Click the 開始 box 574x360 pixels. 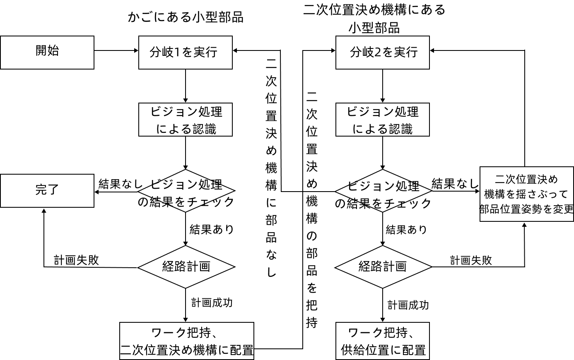47,52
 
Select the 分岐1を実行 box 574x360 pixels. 185,52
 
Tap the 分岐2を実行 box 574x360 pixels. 382,52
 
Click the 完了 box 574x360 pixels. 47,190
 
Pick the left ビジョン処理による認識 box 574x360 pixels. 185,120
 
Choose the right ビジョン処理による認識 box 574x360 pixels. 382,120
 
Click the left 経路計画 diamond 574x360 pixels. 186,267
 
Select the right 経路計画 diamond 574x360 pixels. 383,267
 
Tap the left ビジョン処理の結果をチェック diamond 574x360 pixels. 186,191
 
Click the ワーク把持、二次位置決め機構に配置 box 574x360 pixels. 187,341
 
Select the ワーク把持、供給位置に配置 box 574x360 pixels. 382,341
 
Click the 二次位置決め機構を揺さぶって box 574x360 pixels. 526,194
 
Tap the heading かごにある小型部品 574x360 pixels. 186,17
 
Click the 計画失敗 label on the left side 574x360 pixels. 77,260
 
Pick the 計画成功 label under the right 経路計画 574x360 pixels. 408,305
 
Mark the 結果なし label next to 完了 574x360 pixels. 120,184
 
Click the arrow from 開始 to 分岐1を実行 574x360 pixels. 116,50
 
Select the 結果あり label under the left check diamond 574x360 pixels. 212,229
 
